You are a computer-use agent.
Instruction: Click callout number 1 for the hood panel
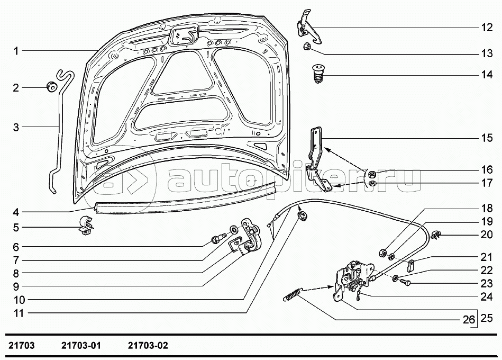point(16,51)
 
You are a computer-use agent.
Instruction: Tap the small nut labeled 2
point(51,87)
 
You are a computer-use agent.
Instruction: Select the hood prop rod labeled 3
point(60,132)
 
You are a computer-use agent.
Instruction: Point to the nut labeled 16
point(372,173)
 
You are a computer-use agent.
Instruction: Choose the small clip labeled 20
point(437,235)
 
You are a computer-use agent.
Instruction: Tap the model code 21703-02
point(148,346)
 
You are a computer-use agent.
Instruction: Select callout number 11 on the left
point(19,313)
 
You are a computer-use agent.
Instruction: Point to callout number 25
point(487,318)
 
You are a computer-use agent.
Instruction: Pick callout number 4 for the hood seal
point(16,212)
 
